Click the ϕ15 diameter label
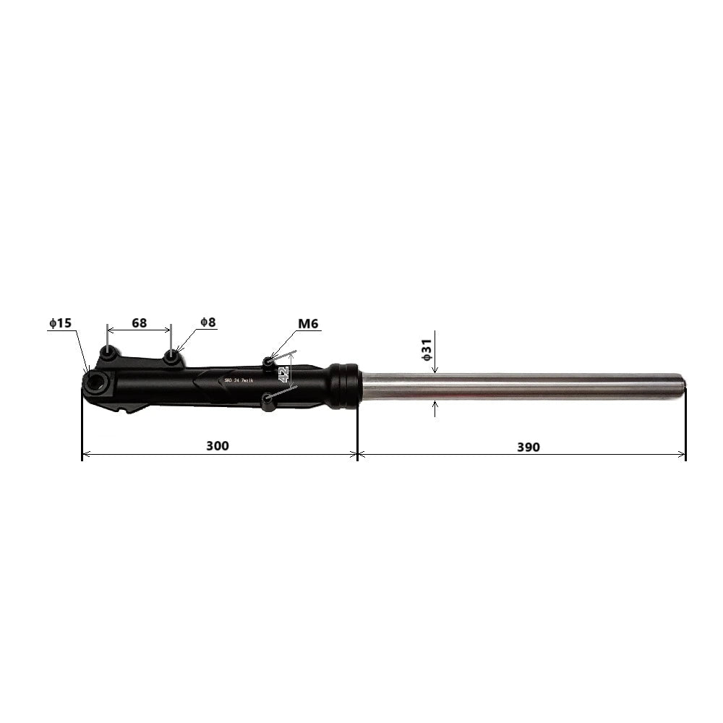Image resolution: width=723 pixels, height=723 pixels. pyautogui.click(x=60, y=323)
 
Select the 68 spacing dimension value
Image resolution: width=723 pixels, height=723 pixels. pyautogui.click(x=139, y=322)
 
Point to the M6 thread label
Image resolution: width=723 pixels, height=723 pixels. pyautogui.click(x=307, y=323)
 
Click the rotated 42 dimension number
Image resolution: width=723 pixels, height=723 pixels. pyautogui.click(x=283, y=374)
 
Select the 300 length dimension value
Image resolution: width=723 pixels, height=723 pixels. pyautogui.click(x=217, y=446)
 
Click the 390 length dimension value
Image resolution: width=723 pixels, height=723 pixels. pyautogui.click(x=528, y=447)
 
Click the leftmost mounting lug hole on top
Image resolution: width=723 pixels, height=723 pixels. pyautogui.click(x=108, y=354)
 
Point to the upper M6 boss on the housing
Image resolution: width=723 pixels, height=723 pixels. pyautogui.click(x=268, y=361)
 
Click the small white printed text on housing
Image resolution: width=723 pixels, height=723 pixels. pyautogui.click(x=238, y=380)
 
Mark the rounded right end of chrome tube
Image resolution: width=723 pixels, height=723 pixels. pyautogui.click(x=682, y=386)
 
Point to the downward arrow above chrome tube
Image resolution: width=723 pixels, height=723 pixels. pyautogui.click(x=435, y=368)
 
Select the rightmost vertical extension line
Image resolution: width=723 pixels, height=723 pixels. pyautogui.click(x=685, y=427)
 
